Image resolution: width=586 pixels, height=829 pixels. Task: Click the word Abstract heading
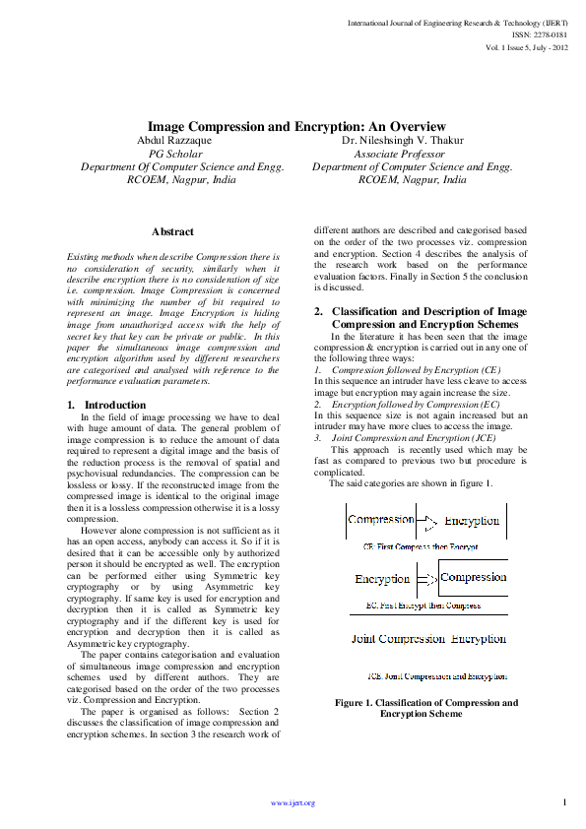[x=172, y=231]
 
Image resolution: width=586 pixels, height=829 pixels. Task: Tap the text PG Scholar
[x=175, y=155]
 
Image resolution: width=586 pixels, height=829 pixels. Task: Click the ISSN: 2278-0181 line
[x=541, y=34]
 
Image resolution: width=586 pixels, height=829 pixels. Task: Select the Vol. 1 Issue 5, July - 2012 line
[x=527, y=47]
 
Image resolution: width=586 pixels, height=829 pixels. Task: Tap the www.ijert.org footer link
[x=293, y=803]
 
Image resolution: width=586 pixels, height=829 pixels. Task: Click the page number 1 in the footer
[x=565, y=802]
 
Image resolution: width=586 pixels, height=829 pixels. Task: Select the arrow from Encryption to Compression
[x=425, y=579]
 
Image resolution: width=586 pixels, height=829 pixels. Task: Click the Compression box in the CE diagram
[x=381, y=519]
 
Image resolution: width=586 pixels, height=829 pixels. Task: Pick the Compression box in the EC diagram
[x=473, y=578]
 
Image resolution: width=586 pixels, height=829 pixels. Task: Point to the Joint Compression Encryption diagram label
[x=429, y=639]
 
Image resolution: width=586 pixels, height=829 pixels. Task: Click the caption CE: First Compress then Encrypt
[x=421, y=544]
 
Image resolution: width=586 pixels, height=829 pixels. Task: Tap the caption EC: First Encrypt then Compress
[x=423, y=606]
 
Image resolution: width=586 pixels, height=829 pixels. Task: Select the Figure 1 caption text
[x=426, y=708]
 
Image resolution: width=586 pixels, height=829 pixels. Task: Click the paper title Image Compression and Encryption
[x=296, y=127]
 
